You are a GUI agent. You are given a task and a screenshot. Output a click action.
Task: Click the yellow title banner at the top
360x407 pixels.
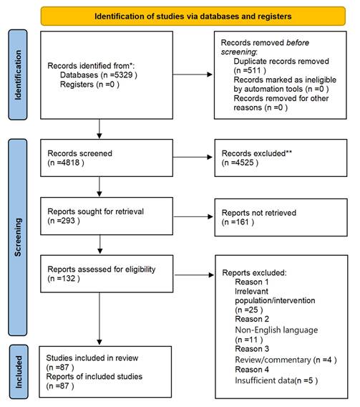(x=193, y=16)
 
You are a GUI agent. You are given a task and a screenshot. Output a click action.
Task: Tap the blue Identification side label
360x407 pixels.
(x=18, y=75)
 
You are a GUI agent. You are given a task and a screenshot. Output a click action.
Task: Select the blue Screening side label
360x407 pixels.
(x=18, y=237)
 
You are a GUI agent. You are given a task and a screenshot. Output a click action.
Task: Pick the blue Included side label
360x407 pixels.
(x=19, y=372)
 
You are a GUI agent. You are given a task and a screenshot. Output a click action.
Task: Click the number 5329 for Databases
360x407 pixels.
(x=123, y=75)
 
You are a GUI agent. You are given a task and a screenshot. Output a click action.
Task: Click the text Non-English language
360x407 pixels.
(x=276, y=330)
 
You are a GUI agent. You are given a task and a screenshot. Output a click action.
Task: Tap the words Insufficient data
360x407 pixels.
(x=265, y=380)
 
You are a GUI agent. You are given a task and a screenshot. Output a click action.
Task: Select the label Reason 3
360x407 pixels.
(x=252, y=349)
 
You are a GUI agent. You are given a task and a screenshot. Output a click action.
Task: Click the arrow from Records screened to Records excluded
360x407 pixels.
(x=193, y=157)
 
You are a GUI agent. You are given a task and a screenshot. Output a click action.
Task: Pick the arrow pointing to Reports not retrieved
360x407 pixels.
(x=193, y=216)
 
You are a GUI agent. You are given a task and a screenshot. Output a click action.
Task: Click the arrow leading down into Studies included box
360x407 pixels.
(x=99, y=319)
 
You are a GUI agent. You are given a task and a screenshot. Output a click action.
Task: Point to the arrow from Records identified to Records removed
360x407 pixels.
(x=193, y=75)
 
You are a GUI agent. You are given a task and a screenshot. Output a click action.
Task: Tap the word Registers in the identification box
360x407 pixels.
(x=77, y=85)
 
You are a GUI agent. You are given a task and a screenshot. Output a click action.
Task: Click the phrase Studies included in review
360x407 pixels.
(x=92, y=358)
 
